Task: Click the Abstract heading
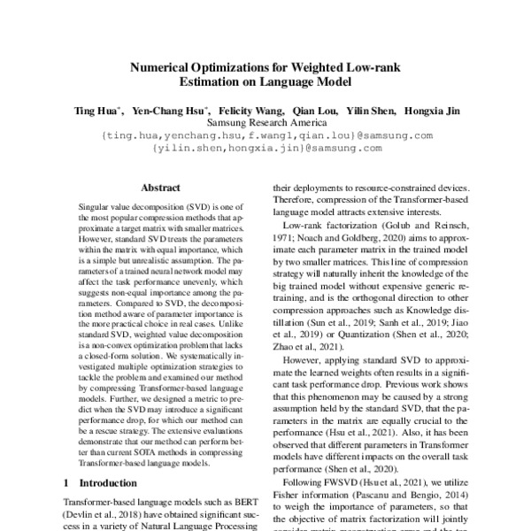click(x=161, y=188)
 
